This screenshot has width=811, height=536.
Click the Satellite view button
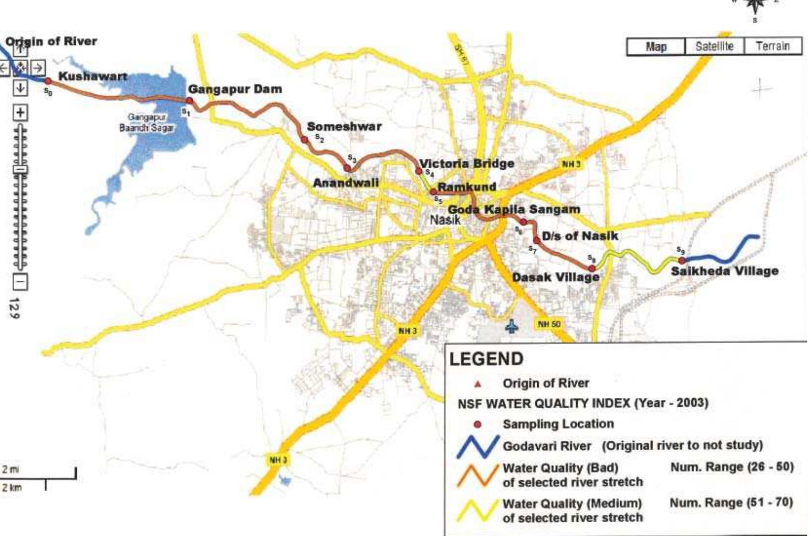coord(714,46)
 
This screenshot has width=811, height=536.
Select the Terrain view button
coord(773,46)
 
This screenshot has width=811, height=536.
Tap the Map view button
coord(656,47)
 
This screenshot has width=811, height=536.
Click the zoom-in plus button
coord(20,113)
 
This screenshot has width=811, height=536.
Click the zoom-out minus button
coord(20,282)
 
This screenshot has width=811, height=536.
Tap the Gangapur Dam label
coord(235,89)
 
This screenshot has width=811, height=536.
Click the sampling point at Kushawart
coord(48,82)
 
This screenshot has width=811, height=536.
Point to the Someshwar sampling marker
coord(304,140)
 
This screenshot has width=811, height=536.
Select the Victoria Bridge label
coord(467,164)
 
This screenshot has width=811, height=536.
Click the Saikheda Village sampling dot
coord(682,260)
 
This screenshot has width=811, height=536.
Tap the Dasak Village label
coord(556,277)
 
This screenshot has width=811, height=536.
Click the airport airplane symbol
coord(512,326)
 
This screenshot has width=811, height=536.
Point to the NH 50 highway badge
coord(549,324)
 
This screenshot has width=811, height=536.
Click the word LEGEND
coord(486,359)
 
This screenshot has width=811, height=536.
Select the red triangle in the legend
coord(478,384)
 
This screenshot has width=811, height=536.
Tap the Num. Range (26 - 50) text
coord(732,467)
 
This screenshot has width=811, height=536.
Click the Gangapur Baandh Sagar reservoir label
coord(147,123)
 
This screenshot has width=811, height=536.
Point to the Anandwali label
coord(346,183)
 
